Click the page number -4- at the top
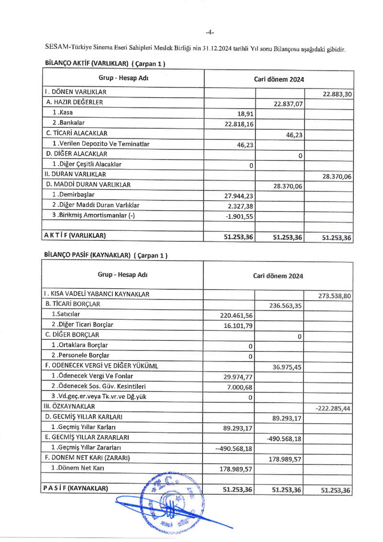pos(210,32)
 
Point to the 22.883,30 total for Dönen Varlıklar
pos(338,94)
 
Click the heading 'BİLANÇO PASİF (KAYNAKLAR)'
pos(106,255)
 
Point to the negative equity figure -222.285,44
pos(334,408)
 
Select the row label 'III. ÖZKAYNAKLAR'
pos(69,406)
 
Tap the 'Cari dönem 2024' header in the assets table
pos(279,79)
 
